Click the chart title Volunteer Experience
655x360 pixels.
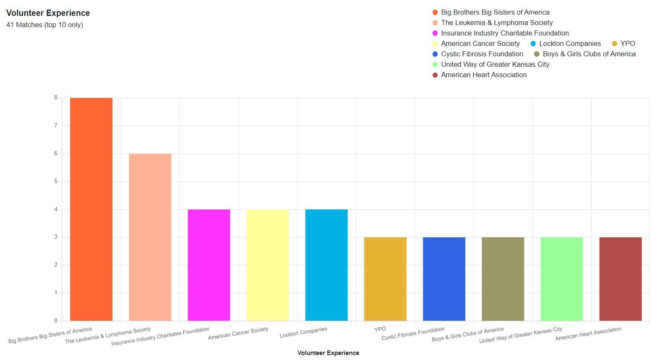(x=48, y=13)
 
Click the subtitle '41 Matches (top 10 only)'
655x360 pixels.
(x=45, y=25)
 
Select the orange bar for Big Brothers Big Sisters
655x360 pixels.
(x=91, y=209)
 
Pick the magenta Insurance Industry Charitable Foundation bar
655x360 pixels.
(x=209, y=265)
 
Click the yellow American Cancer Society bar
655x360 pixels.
(x=267, y=265)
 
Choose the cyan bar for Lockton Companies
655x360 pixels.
(x=326, y=265)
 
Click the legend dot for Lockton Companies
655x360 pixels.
(x=533, y=44)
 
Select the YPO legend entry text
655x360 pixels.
(x=627, y=43)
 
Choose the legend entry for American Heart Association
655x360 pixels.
(x=484, y=75)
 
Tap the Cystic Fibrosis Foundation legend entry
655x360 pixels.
(x=482, y=54)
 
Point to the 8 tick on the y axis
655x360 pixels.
(x=55, y=98)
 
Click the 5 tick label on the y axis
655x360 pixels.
(x=55, y=181)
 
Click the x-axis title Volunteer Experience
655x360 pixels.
(x=328, y=353)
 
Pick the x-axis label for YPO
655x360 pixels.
(x=380, y=329)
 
